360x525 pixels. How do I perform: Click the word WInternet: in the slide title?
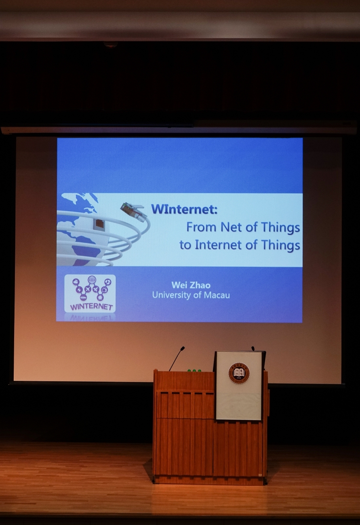[184, 209]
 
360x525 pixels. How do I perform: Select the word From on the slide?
[202, 227]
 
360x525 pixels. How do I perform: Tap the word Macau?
[217, 295]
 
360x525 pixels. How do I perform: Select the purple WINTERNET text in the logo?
[91, 307]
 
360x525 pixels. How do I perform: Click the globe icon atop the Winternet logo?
[92, 279]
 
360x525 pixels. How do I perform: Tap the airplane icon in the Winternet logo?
[88, 289]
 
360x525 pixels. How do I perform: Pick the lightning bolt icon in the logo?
[78, 290]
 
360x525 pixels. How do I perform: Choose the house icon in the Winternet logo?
[100, 297]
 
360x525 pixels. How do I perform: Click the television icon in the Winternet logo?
[105, 290]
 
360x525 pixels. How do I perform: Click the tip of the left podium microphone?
[183, 348]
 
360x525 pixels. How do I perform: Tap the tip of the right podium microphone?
[253, 348]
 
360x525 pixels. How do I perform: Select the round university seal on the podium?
[239, 374]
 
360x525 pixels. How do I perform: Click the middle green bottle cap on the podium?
[194, 371]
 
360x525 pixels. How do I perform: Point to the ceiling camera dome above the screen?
[110, 44]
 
